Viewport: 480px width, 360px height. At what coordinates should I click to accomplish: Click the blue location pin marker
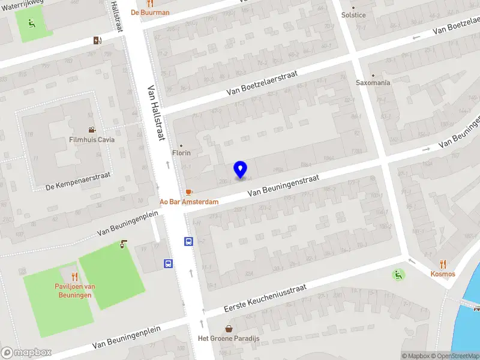click(241, 169)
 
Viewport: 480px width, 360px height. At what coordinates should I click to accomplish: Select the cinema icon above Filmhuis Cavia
click(91, 130)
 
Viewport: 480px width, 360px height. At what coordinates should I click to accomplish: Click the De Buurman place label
click(151, 13)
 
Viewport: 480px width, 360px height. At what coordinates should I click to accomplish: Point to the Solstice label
click(353, 15)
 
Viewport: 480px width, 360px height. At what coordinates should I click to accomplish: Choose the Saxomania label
click(373, 83)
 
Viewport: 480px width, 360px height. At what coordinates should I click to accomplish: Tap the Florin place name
click(181, 153)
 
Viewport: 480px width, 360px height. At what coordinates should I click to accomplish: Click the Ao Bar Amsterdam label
click(188, 202)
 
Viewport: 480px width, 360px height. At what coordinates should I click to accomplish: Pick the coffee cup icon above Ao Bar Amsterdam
click(189, 192)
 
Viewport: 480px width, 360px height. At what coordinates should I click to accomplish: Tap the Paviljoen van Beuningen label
click(74, 290)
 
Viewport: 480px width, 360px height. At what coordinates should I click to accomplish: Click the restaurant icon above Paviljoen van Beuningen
click(75, 277)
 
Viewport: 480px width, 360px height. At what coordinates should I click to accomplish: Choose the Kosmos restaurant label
click(443, 274)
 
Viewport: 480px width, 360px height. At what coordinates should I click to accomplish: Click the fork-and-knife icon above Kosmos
click(443, 263)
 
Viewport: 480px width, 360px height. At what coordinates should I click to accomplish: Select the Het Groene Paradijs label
click(228, 338)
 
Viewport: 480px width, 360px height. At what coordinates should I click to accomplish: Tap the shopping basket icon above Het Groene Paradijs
click(229, 328)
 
